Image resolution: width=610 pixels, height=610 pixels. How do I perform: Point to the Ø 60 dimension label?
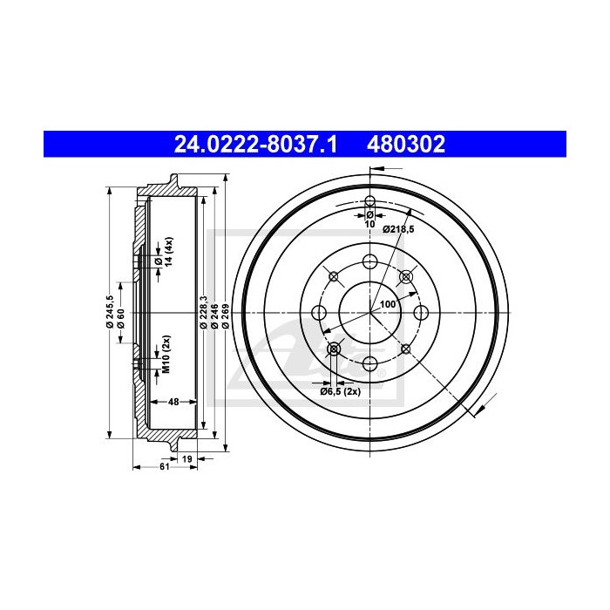tap(120, 318)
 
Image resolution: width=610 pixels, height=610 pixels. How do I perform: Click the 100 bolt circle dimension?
tap(388, 304)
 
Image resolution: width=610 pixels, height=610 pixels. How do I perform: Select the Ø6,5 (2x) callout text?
tap(338, 393)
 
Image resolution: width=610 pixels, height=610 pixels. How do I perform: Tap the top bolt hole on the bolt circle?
tap(369, 261)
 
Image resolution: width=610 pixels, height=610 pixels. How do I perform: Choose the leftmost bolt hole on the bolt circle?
tap(318, 313)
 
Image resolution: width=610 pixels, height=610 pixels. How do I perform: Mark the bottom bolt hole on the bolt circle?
tap(369, 363)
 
